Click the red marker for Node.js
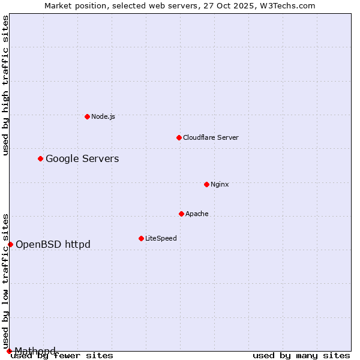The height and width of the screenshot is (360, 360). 87,116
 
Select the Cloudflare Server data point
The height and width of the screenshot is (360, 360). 179,137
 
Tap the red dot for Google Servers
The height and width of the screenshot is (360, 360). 40,158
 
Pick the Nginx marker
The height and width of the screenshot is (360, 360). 206,184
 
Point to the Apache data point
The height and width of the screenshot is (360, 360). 181,214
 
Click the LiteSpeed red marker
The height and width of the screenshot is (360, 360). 141,238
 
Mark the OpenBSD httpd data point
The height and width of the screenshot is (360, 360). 10,244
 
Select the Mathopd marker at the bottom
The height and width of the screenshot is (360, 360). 9,351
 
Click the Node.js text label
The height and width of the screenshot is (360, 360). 103,116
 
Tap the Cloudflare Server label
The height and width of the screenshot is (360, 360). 211,137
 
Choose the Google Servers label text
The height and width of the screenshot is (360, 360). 82,158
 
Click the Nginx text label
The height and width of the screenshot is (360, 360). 220,184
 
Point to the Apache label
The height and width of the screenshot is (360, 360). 197,214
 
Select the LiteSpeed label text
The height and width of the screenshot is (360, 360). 161,238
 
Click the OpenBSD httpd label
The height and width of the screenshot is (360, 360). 53,244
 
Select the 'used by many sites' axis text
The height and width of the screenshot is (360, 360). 301,355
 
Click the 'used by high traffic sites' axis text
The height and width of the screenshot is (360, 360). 5,85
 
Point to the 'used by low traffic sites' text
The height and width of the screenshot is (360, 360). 5,281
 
